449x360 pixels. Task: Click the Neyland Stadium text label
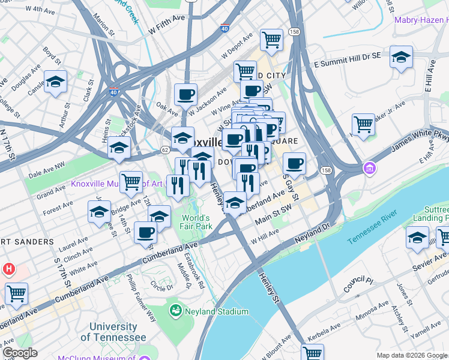[x=217, y=311]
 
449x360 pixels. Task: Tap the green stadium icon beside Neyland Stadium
[x=176, y=311]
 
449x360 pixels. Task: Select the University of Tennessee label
[x=113, y=332]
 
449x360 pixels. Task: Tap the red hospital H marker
[x=8, y=269]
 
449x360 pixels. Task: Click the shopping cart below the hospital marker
[x=16, y=293]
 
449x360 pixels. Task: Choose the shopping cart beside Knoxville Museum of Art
[x=131, y=181]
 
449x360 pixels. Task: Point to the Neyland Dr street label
[x=312, y=235]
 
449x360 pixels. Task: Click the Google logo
[x=20, y=353]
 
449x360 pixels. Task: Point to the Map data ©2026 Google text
[x=411, y=355]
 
